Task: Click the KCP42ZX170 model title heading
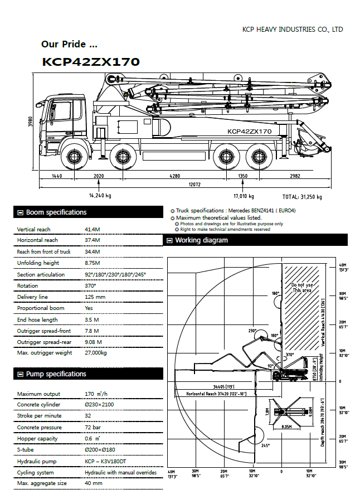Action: point(91,62)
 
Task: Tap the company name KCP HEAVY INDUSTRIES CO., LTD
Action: point(293,30)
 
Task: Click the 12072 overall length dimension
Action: point(194,184)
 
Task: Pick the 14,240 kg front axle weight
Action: point(100,196)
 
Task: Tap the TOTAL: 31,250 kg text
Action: point(302,197)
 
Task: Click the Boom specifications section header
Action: point(56,212)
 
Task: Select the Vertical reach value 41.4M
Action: point(92,229)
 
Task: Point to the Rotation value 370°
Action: point(90,285)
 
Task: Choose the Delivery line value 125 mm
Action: point(95,297)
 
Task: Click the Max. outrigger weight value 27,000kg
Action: point(96,353)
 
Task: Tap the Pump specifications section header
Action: point(56,374)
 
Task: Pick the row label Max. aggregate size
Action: point(41,483)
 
